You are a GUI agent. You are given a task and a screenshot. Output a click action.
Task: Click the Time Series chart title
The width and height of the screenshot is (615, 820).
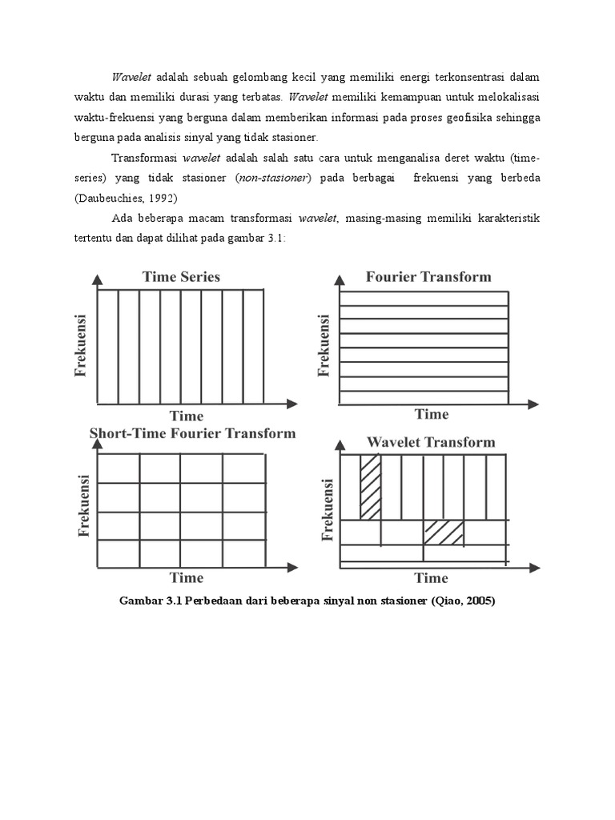[181, 277]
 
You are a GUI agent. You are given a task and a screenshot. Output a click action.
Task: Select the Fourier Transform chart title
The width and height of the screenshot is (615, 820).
[428, 277]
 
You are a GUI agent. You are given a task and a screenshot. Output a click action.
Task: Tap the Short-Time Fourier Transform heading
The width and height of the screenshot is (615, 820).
[192, 433]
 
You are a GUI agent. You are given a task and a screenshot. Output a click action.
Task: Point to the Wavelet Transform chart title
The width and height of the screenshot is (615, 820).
[431, 442]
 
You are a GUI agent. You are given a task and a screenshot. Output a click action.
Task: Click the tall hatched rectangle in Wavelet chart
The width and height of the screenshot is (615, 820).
[370, 487]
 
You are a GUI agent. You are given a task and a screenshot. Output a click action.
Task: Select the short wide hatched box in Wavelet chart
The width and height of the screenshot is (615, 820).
[444, 533]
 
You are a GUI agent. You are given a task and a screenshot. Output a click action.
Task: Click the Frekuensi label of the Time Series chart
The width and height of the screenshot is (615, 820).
[80, 346]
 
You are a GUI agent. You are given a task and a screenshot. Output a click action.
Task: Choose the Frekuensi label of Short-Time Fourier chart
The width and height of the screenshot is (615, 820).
[82, 504]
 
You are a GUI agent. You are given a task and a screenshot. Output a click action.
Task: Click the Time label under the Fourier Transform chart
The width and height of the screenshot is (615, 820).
[432, 414]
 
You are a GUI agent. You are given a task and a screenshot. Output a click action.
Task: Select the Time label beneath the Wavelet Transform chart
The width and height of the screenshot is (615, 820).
[431, 577]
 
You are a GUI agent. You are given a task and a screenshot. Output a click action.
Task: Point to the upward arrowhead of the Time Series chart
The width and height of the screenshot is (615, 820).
[97, 279]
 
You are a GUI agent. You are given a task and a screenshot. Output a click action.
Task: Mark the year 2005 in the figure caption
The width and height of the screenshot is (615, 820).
[476, 601]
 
